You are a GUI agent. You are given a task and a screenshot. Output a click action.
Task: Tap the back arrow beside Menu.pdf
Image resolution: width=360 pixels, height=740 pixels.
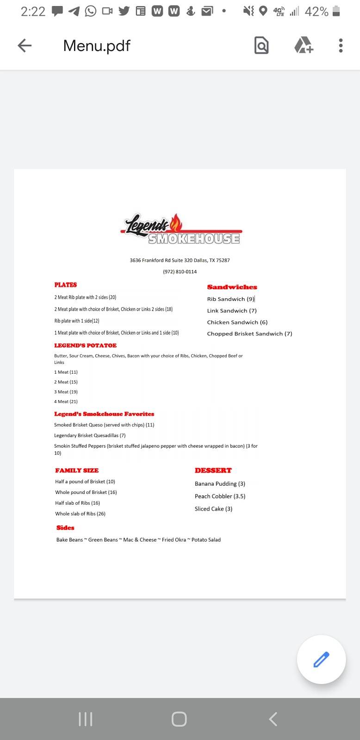[x=25, y=45]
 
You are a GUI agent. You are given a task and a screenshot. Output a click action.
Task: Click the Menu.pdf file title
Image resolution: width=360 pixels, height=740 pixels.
[x=97, y=45]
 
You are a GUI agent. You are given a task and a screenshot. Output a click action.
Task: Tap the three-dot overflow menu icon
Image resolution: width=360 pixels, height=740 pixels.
[x=341, y=45]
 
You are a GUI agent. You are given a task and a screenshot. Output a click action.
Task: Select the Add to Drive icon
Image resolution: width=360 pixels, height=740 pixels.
[x=304, y=45]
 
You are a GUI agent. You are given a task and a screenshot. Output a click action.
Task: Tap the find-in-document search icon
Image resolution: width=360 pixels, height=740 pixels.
[x=261, y=45]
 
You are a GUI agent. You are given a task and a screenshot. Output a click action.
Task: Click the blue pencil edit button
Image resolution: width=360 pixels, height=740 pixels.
[x=321, y=659]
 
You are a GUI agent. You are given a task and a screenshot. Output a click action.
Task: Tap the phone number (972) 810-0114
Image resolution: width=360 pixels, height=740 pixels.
[x=180, y=271]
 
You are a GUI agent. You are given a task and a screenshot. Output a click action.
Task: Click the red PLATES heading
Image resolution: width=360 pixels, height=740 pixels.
[x=66, y=285]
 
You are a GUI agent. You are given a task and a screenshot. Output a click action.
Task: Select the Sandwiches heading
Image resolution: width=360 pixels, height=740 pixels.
[x=232, y=287]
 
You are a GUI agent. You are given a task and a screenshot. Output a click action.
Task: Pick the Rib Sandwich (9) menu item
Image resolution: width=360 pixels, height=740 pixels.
[x=231, y=299]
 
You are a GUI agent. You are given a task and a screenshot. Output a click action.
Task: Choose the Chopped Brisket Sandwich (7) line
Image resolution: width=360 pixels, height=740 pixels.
[x=249, y=333]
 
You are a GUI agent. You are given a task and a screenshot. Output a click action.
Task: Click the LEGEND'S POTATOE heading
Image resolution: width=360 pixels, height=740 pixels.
[x=85, y=345]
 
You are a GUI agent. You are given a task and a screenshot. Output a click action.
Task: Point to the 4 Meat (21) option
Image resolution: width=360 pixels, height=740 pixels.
[x=66, y=401]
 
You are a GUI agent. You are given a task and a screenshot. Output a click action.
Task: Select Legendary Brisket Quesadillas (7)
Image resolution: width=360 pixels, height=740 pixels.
[x=90, y=435]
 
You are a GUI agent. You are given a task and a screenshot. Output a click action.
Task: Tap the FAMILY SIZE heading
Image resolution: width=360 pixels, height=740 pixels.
[x=77, y=470]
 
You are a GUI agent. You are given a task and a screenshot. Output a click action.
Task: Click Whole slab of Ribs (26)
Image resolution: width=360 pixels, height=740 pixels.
[x=80, y=513]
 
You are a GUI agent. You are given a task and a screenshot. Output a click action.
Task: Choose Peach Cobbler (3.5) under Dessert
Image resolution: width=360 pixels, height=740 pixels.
[x=220, y=496]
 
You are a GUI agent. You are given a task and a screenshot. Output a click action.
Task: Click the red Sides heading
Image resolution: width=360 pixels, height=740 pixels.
[x=65, y=528]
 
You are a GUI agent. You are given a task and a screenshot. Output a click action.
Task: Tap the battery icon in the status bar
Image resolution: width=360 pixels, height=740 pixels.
[x=336, y=11]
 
